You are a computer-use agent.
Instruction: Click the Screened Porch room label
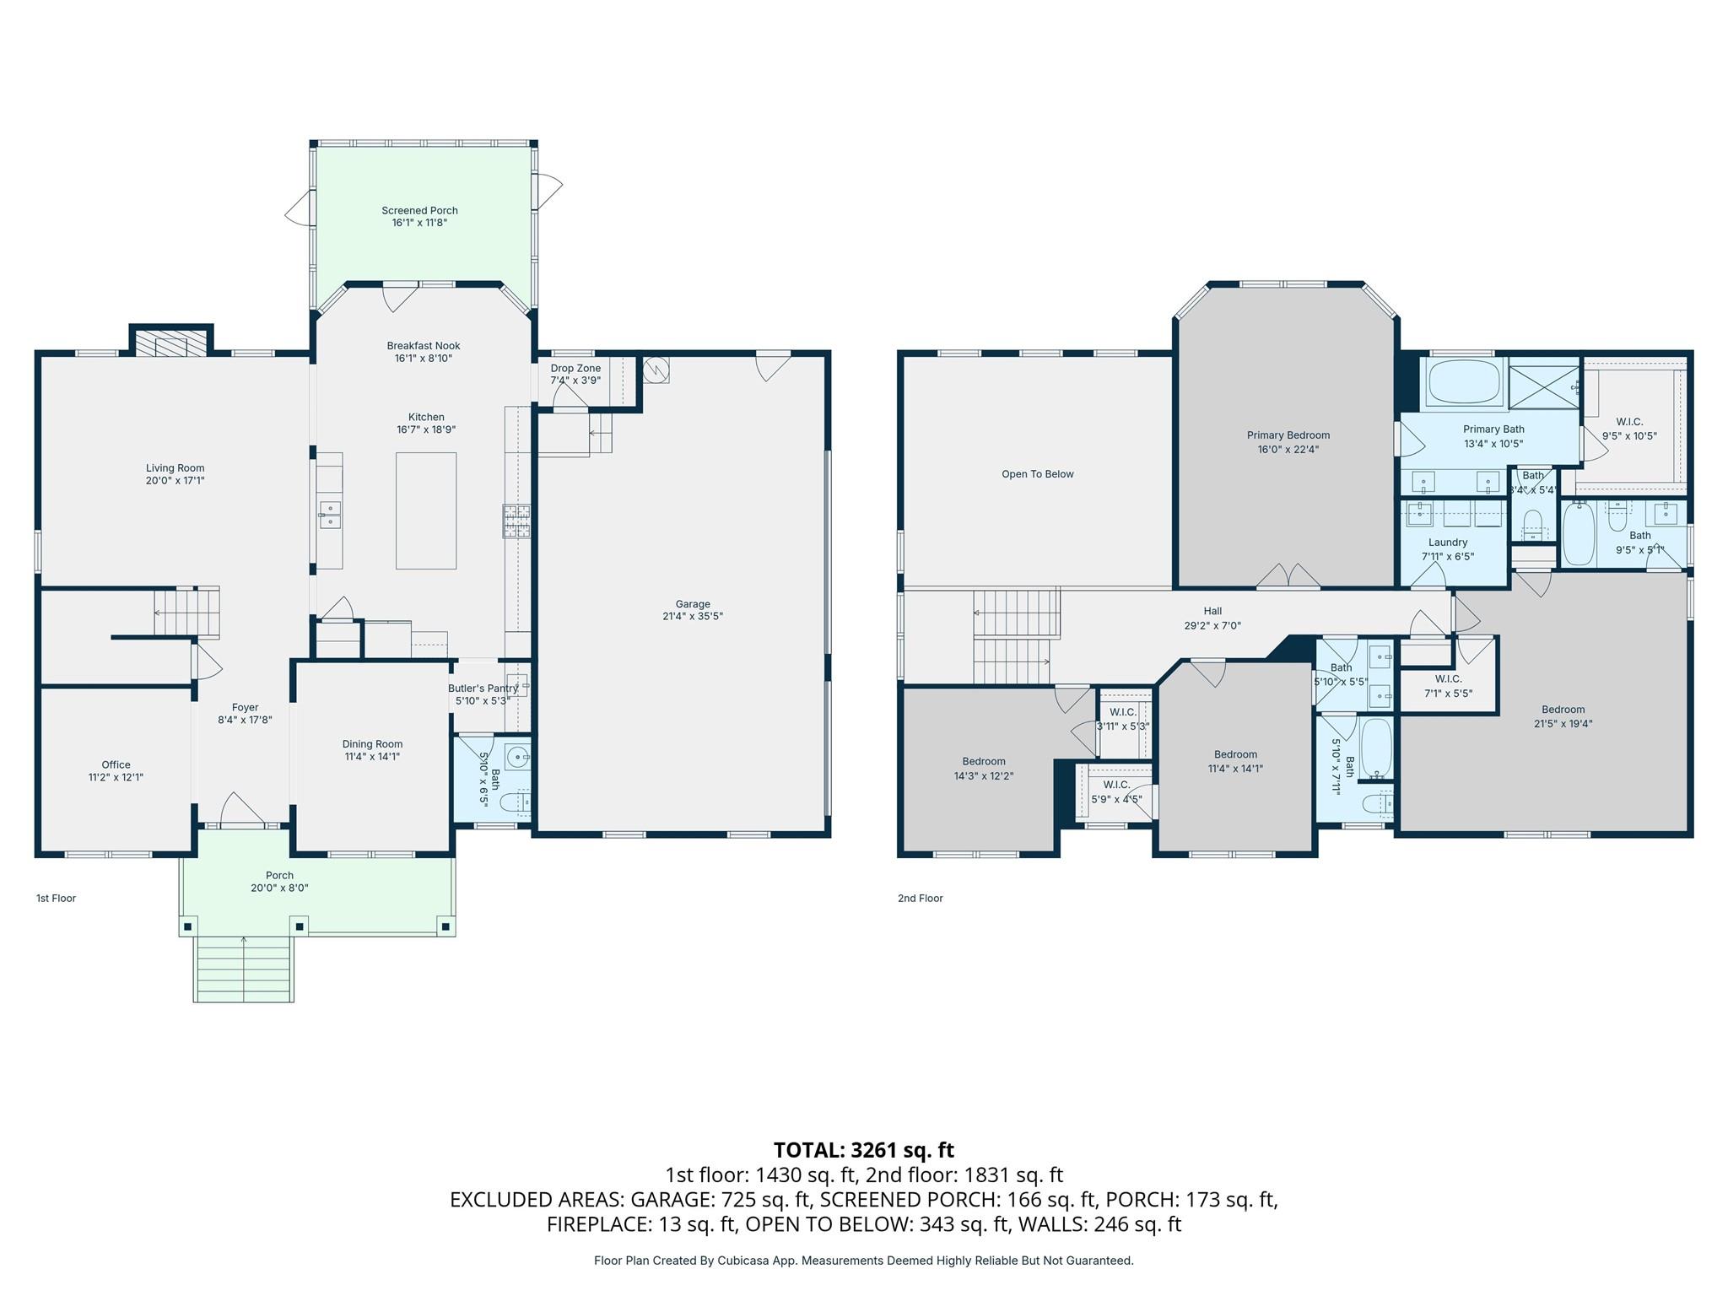(419, 211)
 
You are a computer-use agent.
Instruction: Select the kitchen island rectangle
(426, 510)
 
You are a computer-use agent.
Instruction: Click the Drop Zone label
(575, 369)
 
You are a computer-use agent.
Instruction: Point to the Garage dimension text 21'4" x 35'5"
(692, 617)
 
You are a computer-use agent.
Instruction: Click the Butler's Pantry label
(483, 688)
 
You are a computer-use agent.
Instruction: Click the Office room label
(116, 765)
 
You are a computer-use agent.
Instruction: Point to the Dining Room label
(372, 744)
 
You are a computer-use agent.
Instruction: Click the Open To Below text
(1037, 474)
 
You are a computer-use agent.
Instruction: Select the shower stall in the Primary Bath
(1543, 387)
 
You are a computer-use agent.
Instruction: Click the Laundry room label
(1448, 543)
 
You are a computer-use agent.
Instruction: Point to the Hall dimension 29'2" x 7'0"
(1212, 626)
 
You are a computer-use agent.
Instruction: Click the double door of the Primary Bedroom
(1288, 576)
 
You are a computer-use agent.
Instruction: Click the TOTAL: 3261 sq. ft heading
(863, 1150)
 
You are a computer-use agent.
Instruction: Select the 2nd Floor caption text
(920, 899)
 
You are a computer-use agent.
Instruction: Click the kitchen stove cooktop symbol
(516, 521)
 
